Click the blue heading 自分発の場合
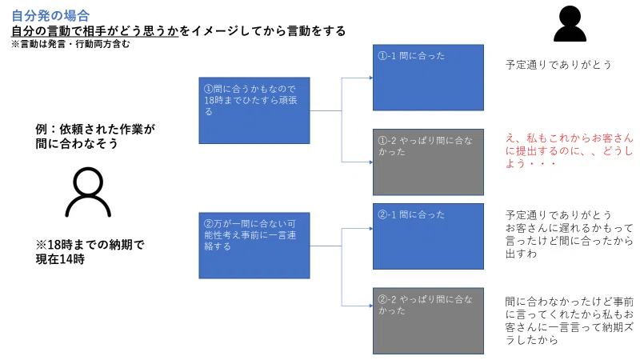[50, 15]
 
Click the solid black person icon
[570, 24]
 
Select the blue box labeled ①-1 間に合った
[428, 78]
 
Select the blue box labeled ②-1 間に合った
[428, 236]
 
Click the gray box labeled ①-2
[428, 162]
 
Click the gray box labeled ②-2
[428, 321]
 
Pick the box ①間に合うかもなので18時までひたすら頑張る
[254, 110]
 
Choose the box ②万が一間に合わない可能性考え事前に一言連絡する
[254, 246]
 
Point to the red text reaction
[570, 150]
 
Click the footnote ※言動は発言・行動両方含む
[70, 44]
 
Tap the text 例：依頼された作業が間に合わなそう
[95, 136]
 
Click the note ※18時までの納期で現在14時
[90, 252]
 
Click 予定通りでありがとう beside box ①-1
[558, 65]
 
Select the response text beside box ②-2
[570, 321]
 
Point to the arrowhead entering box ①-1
[371, 78]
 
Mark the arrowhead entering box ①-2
[371, 162]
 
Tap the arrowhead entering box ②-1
[371, 229]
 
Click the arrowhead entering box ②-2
[371, 306]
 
